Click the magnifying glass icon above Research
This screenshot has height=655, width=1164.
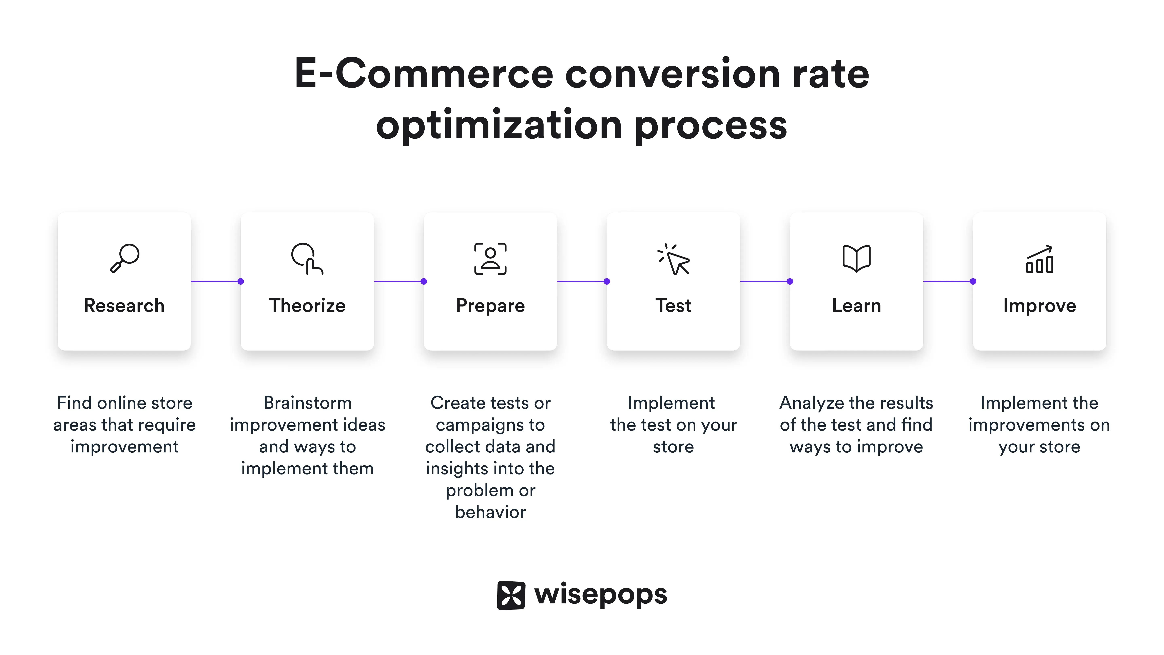(125, 258)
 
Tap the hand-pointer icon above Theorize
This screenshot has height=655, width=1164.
(307, 259)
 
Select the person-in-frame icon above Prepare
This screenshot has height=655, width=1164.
(490, 259)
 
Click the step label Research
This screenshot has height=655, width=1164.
(124, 306)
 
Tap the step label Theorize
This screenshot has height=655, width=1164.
(307, 306)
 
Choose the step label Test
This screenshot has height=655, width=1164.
(673, 306)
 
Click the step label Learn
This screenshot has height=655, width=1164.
(856, 306)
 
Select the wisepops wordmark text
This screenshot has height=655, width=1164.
(601, 595)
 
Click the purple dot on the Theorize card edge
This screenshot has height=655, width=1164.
(241, 282)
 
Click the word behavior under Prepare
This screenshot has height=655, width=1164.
(490, 512)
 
